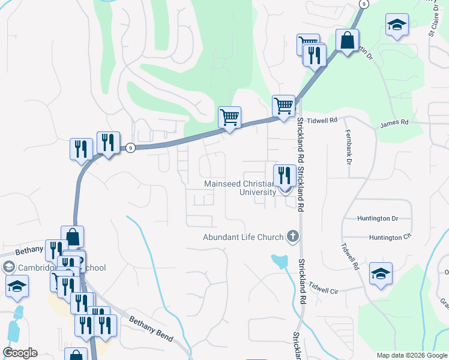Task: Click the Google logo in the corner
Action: pyautogui.click(x=20, y=353)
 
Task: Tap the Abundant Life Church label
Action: pyautogui.click(x=243, y=237)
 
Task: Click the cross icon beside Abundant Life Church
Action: pyautogui.click(x=293, y=236)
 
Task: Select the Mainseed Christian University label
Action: pyautogui.click(x=240, y=188)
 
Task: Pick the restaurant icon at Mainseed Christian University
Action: pyautogui.click(x=285, y=176)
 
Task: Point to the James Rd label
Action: pyautogui.click(x=394, y=122)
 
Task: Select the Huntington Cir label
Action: pyautogui.click(x=391, y=238)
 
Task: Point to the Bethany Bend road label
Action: pyautogui.click(x=150, y=329)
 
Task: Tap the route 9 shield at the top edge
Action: pyautogui.click(x=363, y=4)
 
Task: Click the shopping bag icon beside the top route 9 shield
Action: pyautogui.click(x=347, y=41)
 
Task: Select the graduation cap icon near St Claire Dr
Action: pyautogui.click(x=396, y=25)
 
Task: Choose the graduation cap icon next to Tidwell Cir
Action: pyautogui.click(x=381, y=274)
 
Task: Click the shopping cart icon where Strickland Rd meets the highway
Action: pyautogui.click(x=283, y=106)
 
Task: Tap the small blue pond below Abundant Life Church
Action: pyautogui.click(x=279, y=262)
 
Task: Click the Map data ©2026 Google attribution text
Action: pyautogui.click(x=411, y=355)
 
